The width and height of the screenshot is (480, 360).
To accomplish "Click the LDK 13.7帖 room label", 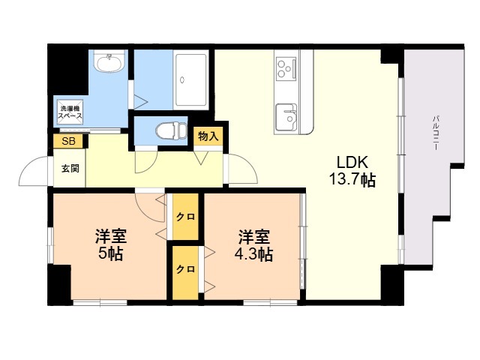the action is tap(352, 171).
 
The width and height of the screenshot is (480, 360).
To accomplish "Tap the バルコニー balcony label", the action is tap(435, 133).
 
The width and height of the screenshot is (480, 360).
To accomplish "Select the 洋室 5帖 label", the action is tap(111, 244).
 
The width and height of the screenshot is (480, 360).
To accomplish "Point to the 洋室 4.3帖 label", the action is tap(253, 244).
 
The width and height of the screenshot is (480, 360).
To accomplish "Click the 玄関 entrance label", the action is tap(70, 168).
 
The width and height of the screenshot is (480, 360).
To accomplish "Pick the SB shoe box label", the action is tap(68, 142).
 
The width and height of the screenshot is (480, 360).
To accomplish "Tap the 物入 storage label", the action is tap(208, 136).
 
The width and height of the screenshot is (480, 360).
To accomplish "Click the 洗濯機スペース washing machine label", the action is tap(70, 112).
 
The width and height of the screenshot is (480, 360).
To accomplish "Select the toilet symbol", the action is tap(171, 130).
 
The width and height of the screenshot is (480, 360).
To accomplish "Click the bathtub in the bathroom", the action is tap(190, 79).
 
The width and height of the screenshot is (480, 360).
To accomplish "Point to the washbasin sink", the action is tap(109, 61).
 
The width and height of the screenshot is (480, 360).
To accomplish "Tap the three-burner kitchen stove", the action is tap(286, 69).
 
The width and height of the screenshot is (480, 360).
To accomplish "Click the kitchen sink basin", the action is tap(286, 117).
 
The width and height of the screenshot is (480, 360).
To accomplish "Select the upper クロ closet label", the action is tap(185, 217).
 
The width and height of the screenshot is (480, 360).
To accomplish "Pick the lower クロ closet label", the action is tap(185, 269).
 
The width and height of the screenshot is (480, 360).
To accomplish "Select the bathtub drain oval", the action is tap(182, 80).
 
